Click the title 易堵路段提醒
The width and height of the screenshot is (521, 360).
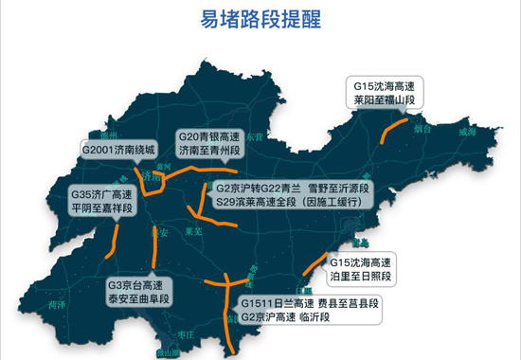click(x=260, y=21)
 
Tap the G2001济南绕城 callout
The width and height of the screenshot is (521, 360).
click(x=118, y=149)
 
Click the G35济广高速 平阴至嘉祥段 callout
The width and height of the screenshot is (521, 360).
click(x=102, y=203)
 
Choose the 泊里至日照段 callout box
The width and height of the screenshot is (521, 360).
click(x=361, y=268)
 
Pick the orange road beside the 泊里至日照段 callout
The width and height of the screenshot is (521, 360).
click(x=314, y=268)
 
